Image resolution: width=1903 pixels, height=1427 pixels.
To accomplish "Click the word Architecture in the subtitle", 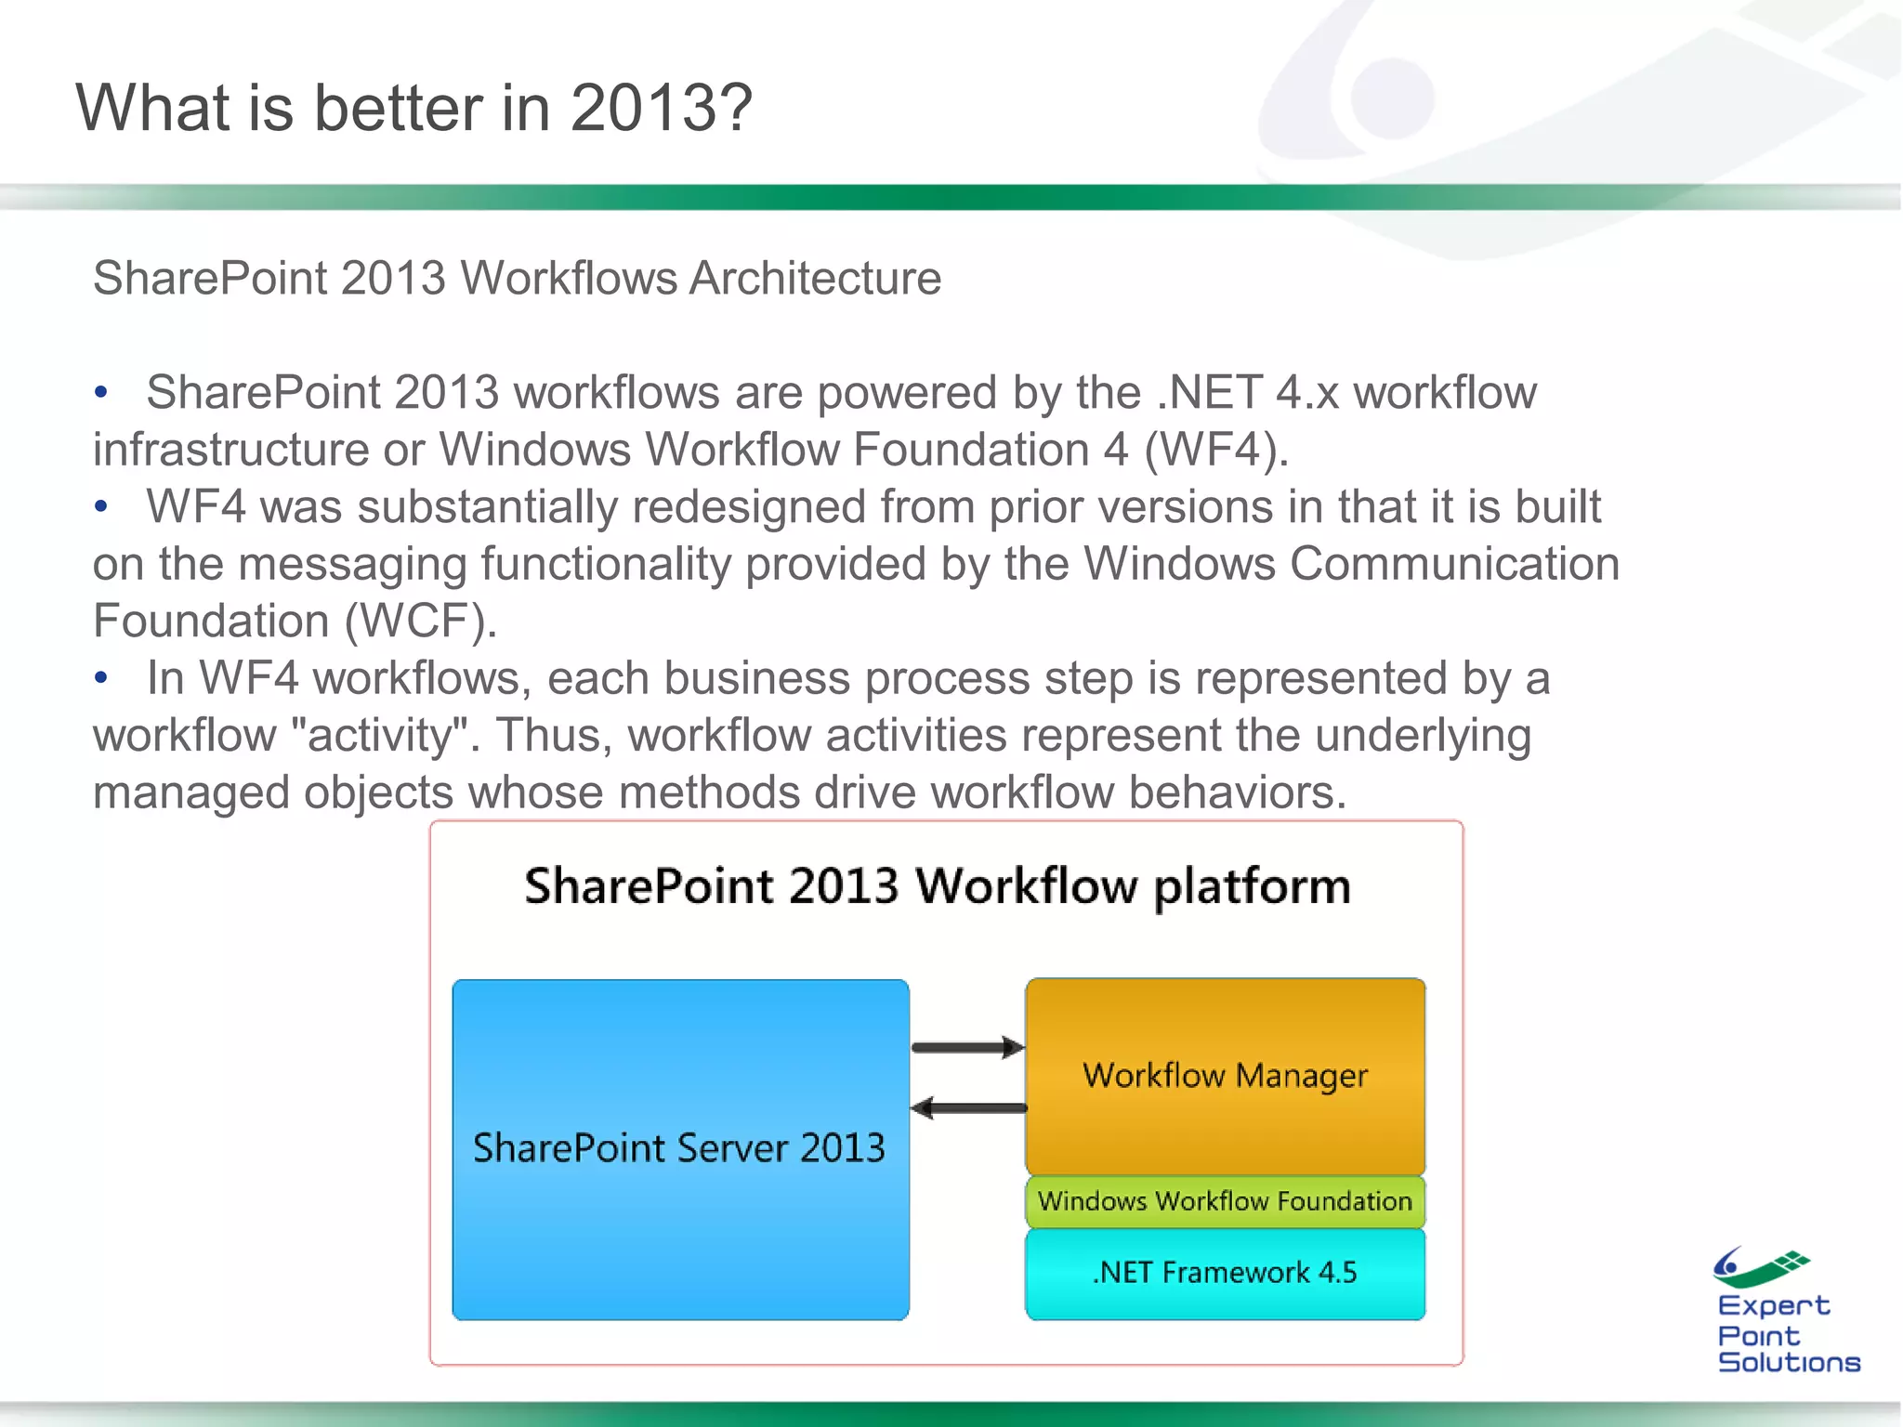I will [x=815, y=279].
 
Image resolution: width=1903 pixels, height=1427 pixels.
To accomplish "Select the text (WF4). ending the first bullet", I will [x=1216, y=451].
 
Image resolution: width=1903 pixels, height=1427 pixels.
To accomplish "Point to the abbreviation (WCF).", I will [x=421, y=622].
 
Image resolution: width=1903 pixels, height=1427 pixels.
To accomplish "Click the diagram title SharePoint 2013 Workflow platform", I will [x=937, y=885].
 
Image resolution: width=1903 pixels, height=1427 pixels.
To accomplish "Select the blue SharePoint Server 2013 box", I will [x=680, y=1148].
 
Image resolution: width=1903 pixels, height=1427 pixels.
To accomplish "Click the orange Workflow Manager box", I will [x=1225, y=1076].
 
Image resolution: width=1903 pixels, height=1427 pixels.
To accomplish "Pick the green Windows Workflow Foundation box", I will [x=1225, y=1202].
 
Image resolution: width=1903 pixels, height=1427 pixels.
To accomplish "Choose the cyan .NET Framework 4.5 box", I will [x=1225, y=1273].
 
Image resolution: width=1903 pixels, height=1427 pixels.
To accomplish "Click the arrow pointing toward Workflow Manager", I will [x=967, y=1048].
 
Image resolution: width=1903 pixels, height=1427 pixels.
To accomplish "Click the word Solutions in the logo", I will [x=1789, y=1363].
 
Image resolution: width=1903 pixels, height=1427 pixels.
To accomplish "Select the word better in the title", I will [x=400, y=109].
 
